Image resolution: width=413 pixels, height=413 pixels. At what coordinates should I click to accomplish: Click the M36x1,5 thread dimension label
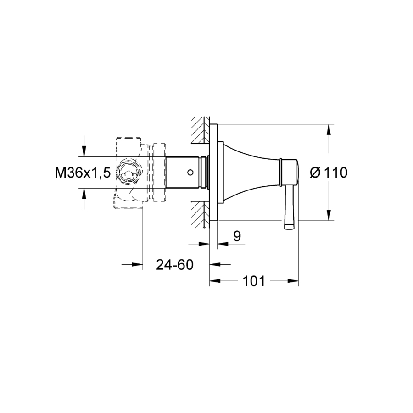pos(83,173)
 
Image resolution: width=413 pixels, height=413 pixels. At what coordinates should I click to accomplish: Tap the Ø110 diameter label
pos(329,173)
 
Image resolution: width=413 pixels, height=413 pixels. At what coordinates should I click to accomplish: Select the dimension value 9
pos(237,236)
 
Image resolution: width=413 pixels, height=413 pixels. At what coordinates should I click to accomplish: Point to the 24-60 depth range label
pos(175,264)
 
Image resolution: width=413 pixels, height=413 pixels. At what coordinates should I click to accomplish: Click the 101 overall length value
pos(254,281)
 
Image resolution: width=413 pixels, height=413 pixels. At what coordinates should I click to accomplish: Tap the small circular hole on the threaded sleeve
pos(190,173)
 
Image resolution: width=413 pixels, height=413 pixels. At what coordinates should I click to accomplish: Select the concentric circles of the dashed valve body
pos(128,173)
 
